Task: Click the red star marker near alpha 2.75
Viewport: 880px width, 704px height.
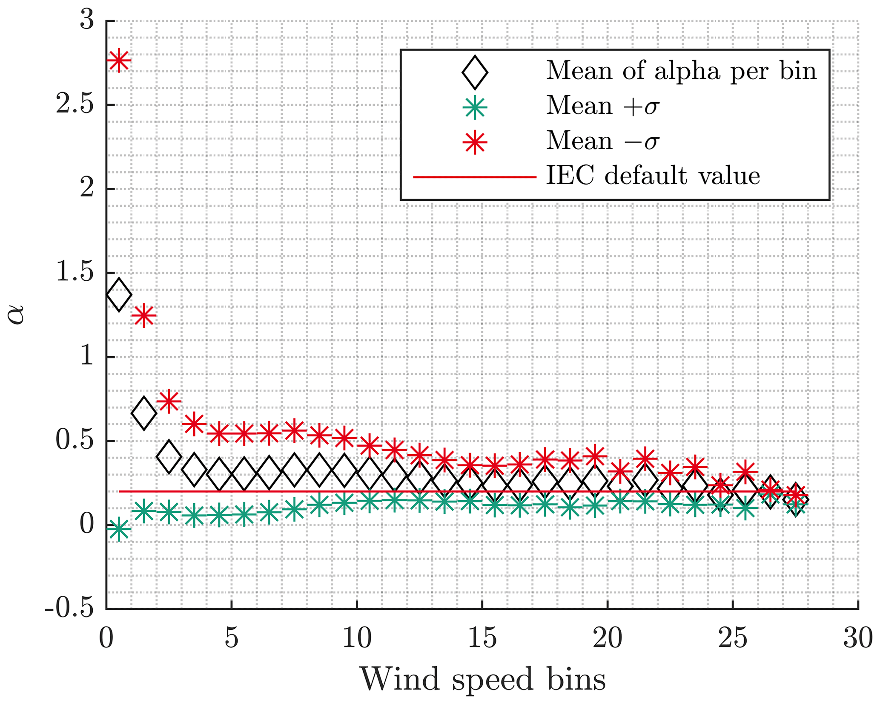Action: [119, 60]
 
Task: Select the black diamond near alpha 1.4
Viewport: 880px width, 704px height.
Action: [119, 294]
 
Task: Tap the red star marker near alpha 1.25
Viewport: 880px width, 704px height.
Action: [144, 315]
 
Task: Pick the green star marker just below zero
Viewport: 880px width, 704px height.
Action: [119, 529]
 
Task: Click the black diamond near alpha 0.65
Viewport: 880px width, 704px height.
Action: [144, 413]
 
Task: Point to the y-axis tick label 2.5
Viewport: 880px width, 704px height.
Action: [75, 105]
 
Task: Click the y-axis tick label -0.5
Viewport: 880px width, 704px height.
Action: [69, 609]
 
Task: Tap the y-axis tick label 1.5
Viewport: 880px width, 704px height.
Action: [75, 273]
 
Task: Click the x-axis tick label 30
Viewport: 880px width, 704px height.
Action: [857, 638]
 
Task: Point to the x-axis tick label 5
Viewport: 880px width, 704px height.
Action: [231, 638]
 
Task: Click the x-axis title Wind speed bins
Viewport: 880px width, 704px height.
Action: [482, 679]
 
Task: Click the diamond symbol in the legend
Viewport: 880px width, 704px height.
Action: [475, 72]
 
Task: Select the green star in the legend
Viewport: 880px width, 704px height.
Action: [475, 107]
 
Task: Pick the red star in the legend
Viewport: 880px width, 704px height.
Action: [475, 141]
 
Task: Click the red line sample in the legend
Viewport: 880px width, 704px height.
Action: [474, 176]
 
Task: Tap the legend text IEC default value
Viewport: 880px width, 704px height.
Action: [653, 176]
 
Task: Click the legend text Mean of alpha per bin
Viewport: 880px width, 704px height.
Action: [681, 71]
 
